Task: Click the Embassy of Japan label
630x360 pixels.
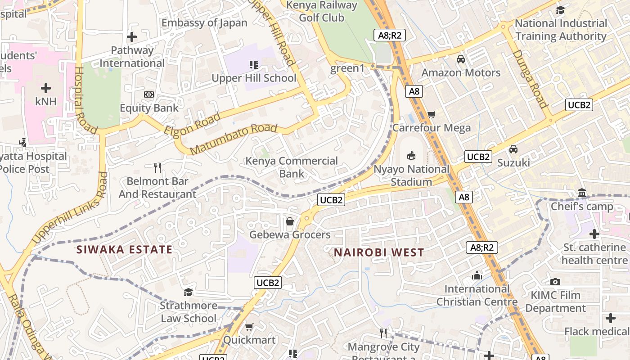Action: click(x=204, y=23)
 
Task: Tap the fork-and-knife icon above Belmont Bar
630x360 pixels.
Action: click(x=157, y=168)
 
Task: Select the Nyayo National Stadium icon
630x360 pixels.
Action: click(x=411, y=156)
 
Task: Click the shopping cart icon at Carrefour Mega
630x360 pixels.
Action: click(x=431, y=114)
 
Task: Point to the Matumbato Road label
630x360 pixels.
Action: click(x=233, y=139)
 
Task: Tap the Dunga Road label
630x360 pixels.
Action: click(x=531, y=79)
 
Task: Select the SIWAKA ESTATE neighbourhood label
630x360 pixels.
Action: click(x=124, y=250)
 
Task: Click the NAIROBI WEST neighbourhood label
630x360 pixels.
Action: click(x=378, y=252)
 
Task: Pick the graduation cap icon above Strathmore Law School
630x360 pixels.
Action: click(x=188, y=292)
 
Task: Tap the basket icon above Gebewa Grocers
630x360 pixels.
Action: click(x=290, y=221)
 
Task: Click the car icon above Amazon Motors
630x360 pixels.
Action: click(x=460, y=59)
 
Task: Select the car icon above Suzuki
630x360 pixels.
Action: click(x=513, y=149)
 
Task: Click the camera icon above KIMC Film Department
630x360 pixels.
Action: click(x=555, y=282)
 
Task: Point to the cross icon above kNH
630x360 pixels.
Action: click(x=46, y=88)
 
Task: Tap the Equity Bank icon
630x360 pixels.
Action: click(x=149, y=94)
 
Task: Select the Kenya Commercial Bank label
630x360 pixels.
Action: click(x=291, y=167)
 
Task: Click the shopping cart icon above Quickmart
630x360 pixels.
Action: click(x=249, y=327)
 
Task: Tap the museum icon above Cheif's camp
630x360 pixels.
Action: click(x=582, y=193)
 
